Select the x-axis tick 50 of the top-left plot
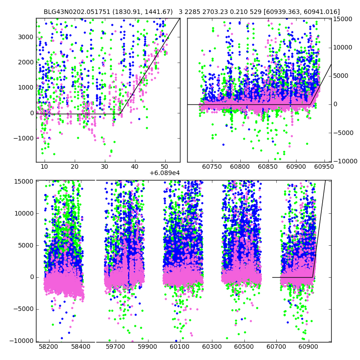[165, 167]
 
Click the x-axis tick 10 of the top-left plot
[44, 167]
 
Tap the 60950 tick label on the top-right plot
[324, 167]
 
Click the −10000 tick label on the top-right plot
[344, 161]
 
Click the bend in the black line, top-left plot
[120, 114]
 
